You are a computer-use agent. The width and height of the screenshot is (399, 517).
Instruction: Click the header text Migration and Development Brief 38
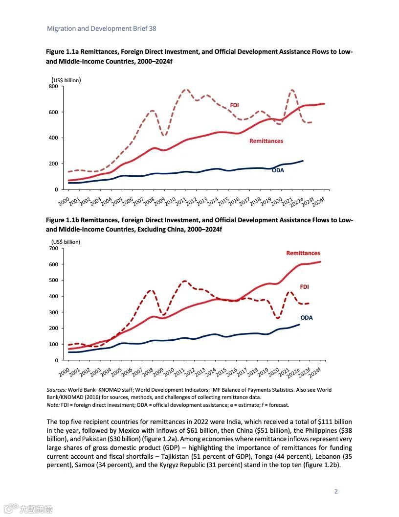[101, 28]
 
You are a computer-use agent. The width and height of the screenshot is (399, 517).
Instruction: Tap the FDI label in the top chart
[234, 105]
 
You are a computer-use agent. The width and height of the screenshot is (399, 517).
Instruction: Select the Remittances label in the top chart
[266, 141]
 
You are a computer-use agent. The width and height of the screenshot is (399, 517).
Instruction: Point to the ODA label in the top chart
[278, 170]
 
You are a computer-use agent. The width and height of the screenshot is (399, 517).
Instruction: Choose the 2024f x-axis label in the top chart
[319, 200]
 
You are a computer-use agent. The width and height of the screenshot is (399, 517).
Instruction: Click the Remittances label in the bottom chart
[303, 253]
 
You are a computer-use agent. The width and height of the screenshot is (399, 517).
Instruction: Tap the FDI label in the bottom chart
[304, 286]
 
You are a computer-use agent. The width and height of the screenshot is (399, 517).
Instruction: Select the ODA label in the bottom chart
[306, 318]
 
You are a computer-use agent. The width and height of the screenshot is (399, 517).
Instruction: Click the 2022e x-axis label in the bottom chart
[293, 372]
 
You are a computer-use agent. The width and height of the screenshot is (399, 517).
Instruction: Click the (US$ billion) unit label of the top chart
[66, 80]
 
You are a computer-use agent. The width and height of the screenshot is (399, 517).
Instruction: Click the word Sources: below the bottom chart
[57, 390]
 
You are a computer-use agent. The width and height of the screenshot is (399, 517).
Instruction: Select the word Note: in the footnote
[53, 405]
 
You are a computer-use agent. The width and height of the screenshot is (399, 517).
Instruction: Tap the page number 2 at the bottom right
[336, 492]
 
